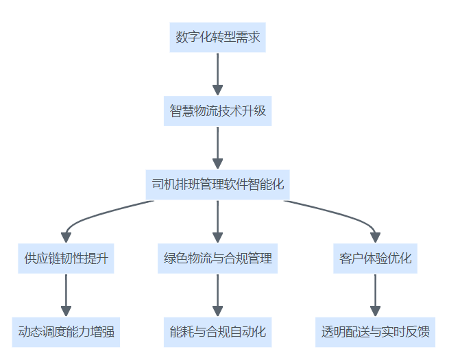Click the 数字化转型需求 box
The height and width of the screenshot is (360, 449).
217,37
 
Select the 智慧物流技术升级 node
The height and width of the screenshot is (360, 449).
217,110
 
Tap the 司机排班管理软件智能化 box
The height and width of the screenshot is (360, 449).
217,184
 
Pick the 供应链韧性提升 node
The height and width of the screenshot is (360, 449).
66,259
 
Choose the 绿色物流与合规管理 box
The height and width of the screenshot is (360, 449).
217,259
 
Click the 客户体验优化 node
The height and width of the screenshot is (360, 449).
375,259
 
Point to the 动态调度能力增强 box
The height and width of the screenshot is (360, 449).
66,333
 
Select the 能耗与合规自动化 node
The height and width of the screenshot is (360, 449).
217,333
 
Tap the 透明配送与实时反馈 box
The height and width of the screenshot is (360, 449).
375,333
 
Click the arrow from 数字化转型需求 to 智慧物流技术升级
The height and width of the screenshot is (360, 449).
217,72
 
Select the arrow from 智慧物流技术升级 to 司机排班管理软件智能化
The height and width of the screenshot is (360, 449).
217,146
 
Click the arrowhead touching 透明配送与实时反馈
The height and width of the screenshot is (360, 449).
375,311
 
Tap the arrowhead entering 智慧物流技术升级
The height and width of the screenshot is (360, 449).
217,89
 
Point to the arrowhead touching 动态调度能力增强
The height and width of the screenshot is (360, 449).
66,311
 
